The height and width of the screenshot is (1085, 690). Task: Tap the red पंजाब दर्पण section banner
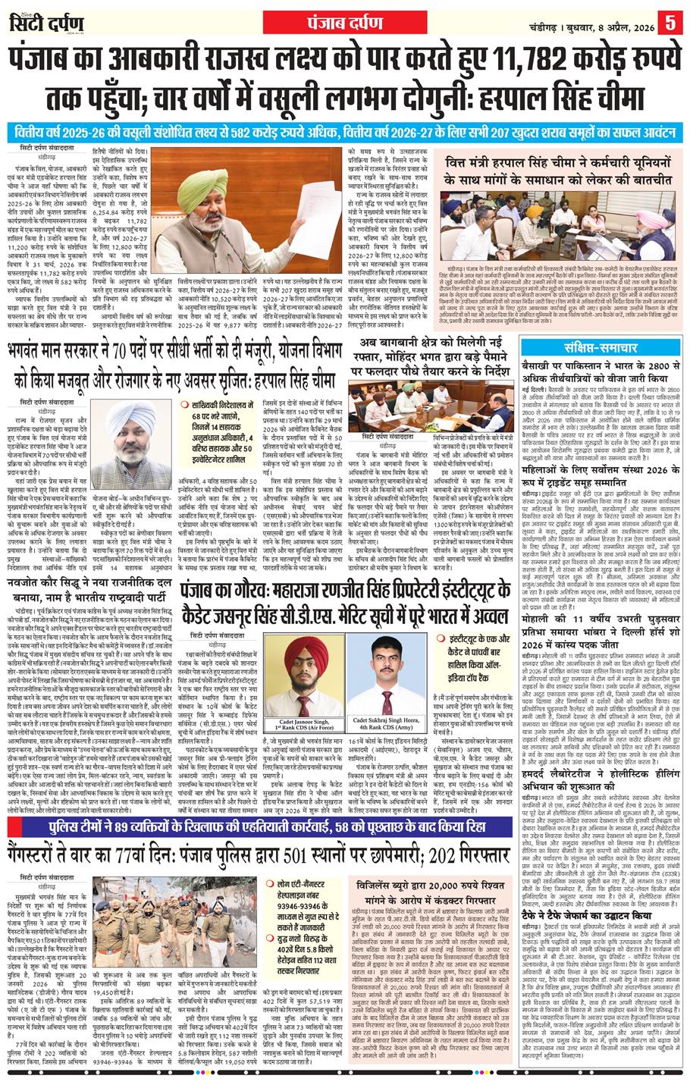click(x=322, y=22)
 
